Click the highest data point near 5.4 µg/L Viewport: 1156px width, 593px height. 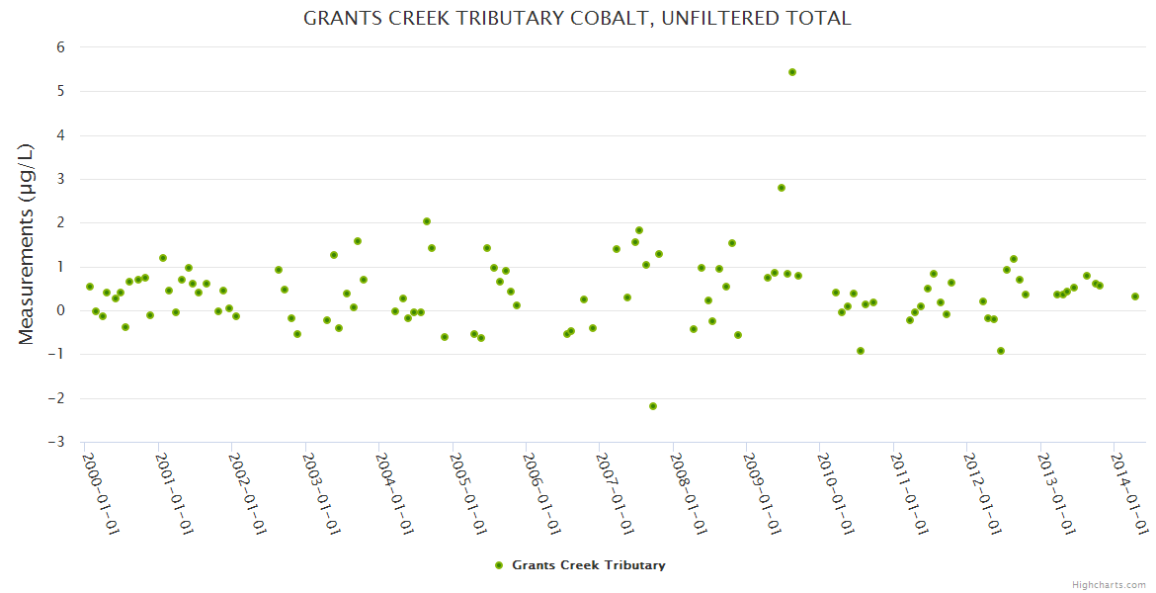click(x=792, y=72)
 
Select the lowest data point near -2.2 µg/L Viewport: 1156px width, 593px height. click(x=653, y=406)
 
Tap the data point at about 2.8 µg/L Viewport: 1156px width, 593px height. click(x=782, y=188)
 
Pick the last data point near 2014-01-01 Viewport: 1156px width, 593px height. click(x=1135, y=296)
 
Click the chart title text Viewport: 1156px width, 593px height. click(x=577, y=18)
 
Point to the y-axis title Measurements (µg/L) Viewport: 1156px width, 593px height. click(x=27, y=244)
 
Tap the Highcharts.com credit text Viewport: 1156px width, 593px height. click(x=1109, y=584)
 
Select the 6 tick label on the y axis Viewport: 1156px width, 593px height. click(x=60, y=47)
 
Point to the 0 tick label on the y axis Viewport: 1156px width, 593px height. click(x=60, y=310)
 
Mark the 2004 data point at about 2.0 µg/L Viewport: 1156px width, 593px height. click(x=427, y=221)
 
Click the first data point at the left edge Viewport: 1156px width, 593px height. click(x=90, y=287)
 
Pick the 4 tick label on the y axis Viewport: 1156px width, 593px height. click(x=60, y=135)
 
